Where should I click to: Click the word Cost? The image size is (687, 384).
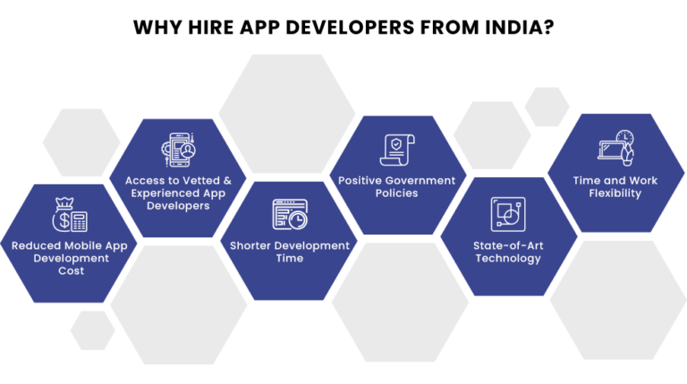71,270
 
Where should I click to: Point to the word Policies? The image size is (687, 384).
396,192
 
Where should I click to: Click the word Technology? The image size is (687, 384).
507,258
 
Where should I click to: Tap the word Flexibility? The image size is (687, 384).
615,192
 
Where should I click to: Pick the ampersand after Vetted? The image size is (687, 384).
227,180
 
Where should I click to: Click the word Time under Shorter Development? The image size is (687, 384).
289,258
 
